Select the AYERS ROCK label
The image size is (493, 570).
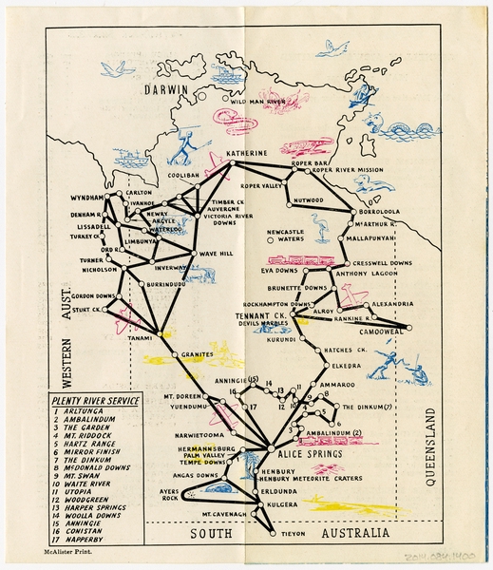click(x=170, y=493)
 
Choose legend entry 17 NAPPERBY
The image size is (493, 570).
click(x=93, y=538)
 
